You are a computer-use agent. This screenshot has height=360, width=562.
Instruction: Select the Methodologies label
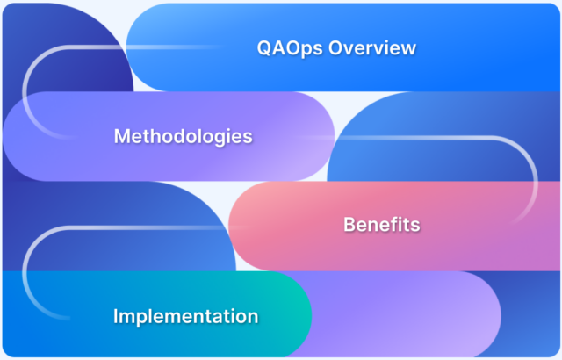pos(184,137)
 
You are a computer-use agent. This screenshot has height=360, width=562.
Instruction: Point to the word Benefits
pos(381,225)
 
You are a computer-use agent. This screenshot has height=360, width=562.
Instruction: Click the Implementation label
pos(185,316)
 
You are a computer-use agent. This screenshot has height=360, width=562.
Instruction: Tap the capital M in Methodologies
pos(122,137)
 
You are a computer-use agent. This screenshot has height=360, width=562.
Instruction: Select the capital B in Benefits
pos(349,225)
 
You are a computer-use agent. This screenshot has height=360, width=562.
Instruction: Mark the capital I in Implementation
pos(116,316)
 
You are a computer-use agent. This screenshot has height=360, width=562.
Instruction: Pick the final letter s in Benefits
pos(414,225)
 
